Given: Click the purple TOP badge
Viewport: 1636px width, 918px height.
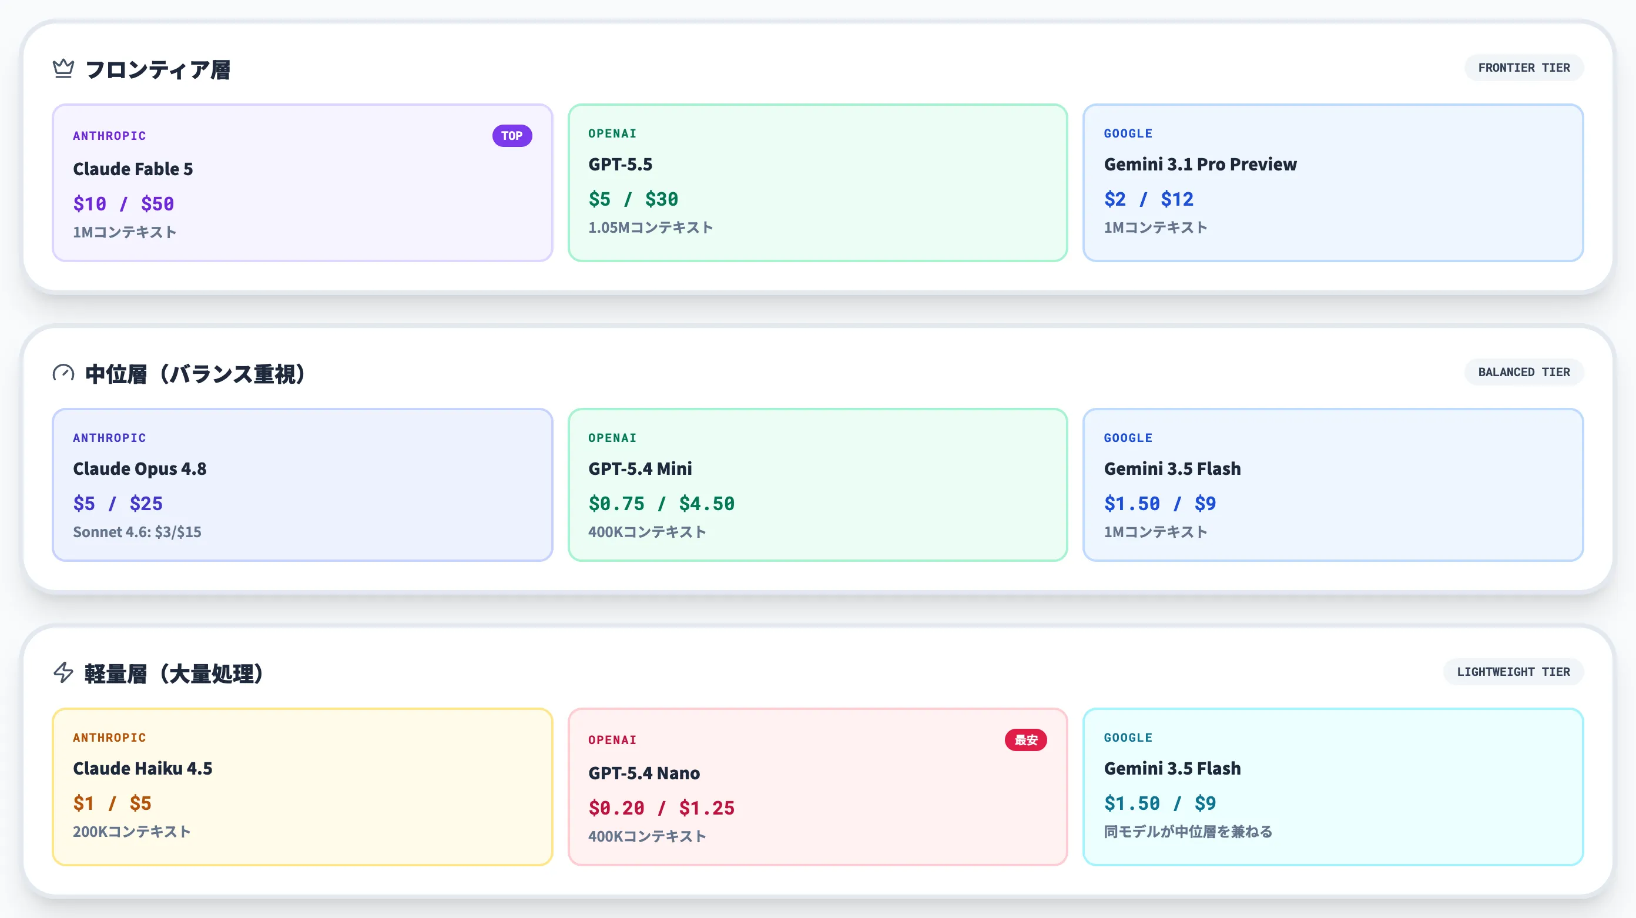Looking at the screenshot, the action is (512, 135).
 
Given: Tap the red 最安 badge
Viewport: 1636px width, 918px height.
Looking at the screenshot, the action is (1025, 739).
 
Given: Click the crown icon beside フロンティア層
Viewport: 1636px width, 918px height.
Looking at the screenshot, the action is (63, 68).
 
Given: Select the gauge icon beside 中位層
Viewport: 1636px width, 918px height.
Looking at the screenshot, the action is (63, 373).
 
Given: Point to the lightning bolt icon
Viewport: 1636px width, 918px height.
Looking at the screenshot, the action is (63, 672).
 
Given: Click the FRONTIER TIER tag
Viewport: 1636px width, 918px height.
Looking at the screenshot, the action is (1524, 68).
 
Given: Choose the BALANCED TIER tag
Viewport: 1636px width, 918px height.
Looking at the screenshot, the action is (1524, 371).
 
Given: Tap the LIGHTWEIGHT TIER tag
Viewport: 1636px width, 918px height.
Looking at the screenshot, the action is (1513, 672).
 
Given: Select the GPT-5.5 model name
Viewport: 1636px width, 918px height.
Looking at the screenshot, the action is (620, 164).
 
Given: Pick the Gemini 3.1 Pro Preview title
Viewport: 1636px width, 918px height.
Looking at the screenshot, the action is (1200, 164).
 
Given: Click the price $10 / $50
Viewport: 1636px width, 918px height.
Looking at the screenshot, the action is (123, 203).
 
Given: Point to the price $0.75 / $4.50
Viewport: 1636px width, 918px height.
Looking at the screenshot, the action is (661, 503).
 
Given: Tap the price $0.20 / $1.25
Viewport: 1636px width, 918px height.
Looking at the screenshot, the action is (661, 808).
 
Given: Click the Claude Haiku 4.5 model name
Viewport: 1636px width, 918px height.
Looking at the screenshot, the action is (142, 768).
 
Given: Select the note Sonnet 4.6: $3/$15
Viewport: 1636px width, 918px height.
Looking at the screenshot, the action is (137, 532).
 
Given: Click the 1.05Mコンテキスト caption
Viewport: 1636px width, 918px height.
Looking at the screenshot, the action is (651, 227).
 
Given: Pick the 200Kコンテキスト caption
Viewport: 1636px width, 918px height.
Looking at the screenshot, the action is (132, 832).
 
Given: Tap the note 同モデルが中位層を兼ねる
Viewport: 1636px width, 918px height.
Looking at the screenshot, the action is (1188, 832).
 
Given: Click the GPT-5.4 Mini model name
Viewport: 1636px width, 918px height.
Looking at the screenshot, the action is (639, 468).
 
